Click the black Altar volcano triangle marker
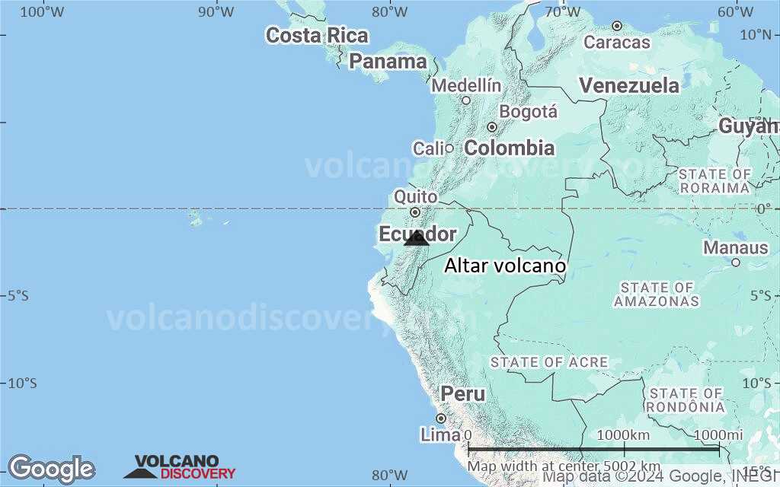tap(417, 239)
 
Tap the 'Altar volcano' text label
tap(505, 266)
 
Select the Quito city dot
tap(415, 212)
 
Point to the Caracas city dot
tap(617, 26)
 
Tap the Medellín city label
tap(466, 86)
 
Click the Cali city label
tap(428, 148)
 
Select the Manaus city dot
tap(736, 263)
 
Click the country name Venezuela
tap(628, 85)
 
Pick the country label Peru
tap(462, 394)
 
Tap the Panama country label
tap(388, 62)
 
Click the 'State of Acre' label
tap(548, 362)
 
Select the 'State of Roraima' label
tap(714, 181)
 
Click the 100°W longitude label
tap(41, 11)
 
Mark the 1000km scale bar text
tap(623, 434)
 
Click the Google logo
tap(51, 469)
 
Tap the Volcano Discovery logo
tap(180, 467)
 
